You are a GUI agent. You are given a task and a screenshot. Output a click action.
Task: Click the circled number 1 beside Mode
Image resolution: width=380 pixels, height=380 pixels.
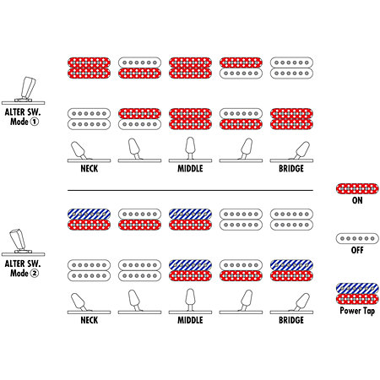(x=35, y=122)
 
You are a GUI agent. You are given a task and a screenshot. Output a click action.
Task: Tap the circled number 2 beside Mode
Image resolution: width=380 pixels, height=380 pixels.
(x=35, y=273)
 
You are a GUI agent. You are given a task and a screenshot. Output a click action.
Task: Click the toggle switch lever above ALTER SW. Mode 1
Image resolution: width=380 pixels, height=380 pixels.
(x=29, y=87)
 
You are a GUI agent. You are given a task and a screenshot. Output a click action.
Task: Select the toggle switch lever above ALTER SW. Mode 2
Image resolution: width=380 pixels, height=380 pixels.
(x=18, y=239)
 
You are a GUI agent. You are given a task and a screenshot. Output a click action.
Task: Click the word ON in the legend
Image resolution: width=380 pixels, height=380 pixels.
(x=357, y=200)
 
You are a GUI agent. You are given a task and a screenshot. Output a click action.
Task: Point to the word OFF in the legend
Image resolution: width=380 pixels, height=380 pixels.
(x=357, y=250)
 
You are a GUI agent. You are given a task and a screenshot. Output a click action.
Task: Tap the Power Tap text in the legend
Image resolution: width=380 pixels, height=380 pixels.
(x=357, y=311)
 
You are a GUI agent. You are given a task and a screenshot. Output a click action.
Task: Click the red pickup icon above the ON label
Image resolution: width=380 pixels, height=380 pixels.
(x=357, y=188)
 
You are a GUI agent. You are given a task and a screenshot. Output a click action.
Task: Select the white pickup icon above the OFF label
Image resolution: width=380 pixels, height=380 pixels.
(x=357, y=238)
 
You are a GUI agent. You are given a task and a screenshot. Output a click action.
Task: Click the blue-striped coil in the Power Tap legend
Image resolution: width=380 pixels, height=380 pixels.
(x=357, y=289)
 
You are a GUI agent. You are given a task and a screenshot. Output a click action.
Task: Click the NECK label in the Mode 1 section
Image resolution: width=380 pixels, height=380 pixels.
(x=90, y=169)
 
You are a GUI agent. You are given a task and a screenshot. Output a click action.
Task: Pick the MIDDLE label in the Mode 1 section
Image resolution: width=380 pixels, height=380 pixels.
(x=190, y=169)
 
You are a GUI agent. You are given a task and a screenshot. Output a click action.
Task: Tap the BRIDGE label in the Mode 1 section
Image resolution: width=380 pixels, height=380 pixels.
(x=291, y=169)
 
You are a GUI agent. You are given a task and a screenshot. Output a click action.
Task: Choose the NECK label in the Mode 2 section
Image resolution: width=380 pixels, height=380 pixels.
(x=90, y=320)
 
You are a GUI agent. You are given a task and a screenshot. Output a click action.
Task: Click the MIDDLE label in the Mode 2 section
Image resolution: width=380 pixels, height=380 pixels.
(x=190, y=320)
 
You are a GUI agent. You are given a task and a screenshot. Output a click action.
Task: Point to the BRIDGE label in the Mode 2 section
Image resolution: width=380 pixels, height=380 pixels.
(x=291, y=320)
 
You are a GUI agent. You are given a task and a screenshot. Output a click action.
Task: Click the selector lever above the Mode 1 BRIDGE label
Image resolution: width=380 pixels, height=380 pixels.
(x=301, y=150)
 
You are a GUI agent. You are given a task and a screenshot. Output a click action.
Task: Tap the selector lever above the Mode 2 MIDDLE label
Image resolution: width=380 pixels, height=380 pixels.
(x=190, y=299)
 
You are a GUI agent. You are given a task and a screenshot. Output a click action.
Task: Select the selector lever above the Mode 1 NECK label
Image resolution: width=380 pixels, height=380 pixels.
(x=79, y=150)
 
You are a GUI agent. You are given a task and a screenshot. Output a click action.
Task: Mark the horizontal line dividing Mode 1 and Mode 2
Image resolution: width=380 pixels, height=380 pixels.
(x=190, y=191)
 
